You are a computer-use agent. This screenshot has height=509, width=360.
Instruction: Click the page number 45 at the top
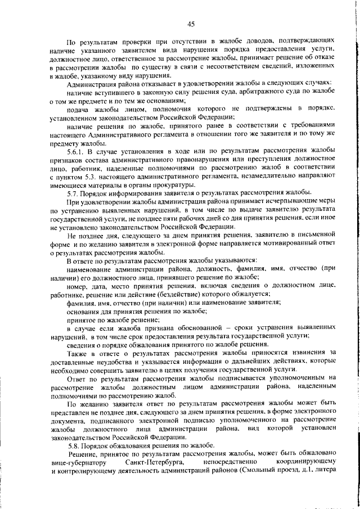191,24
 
